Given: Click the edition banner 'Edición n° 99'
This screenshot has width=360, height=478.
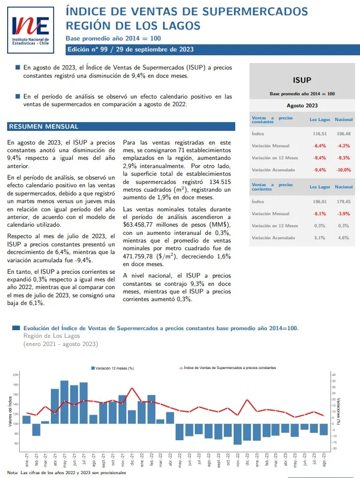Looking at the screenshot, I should tap(130, 49).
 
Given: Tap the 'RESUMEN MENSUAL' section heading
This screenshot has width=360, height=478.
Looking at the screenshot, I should tap(43, 126).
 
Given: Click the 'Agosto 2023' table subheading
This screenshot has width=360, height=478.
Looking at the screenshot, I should tap(302, 105).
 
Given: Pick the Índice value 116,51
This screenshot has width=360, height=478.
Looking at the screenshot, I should tap(320, 134).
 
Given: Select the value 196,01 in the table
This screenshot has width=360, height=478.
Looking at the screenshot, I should tap(320, 201).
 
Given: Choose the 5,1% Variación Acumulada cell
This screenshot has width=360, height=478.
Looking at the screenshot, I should tap(320, 238).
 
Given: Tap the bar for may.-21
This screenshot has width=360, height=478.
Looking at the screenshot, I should tap(65, 401).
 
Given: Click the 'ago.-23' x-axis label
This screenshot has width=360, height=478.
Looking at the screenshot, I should tap(325, 459).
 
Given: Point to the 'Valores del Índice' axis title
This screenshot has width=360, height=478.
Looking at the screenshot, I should tap(10, 411).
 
